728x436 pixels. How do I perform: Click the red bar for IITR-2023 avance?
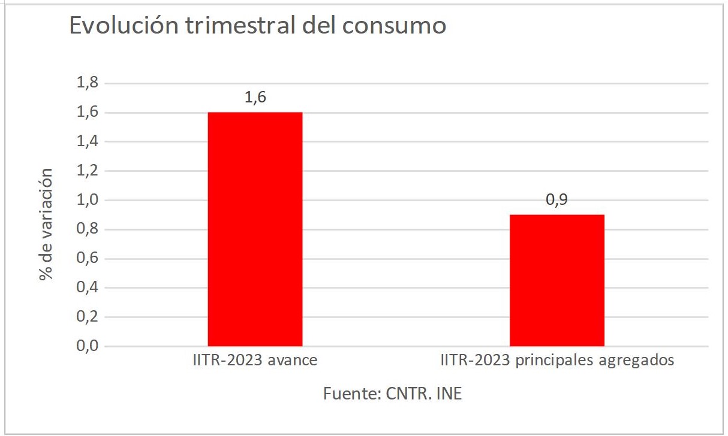[x=255, y=229]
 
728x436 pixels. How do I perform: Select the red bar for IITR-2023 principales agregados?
[x=556, y=280]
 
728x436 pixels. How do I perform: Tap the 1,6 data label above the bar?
[x=255, y=98]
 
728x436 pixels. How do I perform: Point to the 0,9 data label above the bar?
[x=556, y=201]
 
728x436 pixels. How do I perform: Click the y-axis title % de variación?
[x=46, y=224]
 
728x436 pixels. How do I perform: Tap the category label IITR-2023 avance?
[x=255, y=361]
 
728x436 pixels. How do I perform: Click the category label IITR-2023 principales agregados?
[x=557, y=361]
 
